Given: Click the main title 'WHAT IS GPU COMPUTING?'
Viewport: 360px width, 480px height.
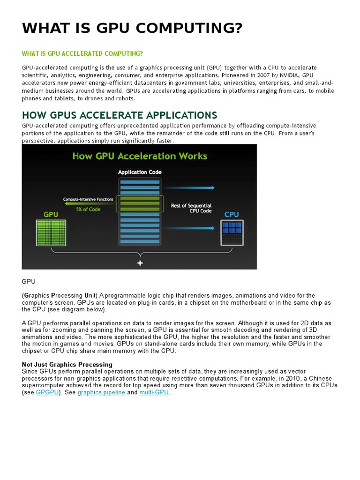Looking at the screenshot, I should (x=132, y=29).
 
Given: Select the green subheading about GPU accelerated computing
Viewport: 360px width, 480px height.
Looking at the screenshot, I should (x=82, y=53).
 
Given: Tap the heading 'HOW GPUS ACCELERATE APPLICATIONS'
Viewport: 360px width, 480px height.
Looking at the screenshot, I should (x=120, y=115).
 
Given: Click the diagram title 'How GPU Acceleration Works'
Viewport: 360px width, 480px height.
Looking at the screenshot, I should (x=139, y=156).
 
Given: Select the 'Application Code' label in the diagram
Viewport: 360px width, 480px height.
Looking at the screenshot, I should (x=140, y=172).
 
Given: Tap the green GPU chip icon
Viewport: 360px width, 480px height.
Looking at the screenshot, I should (x=50, y=232).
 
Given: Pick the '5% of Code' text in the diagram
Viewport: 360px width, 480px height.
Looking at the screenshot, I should (x=88, y=209).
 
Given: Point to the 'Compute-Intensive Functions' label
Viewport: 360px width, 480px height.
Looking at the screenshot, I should (x=88, y=200).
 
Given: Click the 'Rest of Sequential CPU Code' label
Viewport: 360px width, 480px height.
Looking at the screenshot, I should (x=191, y=208).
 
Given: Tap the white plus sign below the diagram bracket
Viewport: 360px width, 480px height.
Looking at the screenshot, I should (x=140, y=263).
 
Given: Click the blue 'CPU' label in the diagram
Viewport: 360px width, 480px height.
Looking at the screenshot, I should (x=232, y=214).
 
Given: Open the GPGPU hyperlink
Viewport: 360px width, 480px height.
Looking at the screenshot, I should (x=47, y=392).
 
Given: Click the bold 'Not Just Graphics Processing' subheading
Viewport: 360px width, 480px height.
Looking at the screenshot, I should (x=67, y=364).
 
